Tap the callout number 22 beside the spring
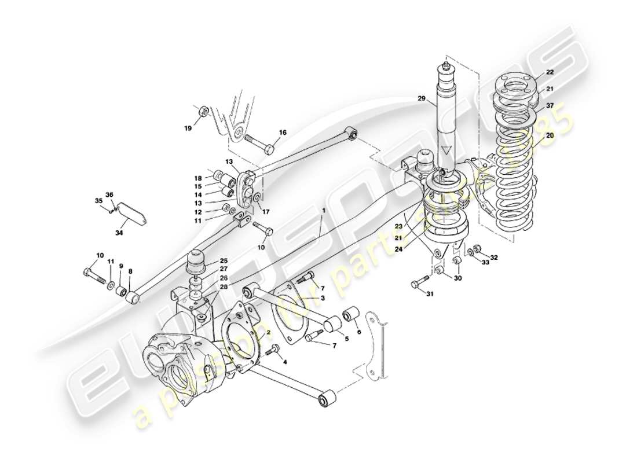(x=550, y=72)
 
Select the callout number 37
(x=550, y=105)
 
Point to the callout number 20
(x=550, y=135)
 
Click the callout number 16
(x=282, y=133)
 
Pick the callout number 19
(x=187, y=128)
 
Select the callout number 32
(x=493, y=257)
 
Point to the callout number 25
(x=224, y=261)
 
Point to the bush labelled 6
(x=351, y=315)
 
